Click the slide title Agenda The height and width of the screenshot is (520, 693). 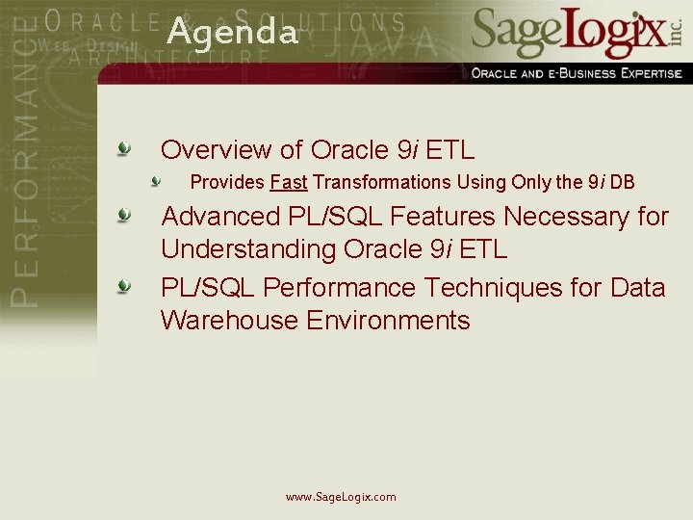point(232,33)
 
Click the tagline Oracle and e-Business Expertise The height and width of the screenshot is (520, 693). point(576,73)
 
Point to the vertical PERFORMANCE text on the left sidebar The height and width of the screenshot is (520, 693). point(28,164)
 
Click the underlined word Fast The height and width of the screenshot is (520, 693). point(289,182)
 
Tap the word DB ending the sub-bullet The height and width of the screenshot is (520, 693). point(622,182)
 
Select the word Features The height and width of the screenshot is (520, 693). point(436,217)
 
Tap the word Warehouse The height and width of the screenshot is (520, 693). point(229,321)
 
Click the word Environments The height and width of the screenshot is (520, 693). point(388,321)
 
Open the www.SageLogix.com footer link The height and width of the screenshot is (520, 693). point(341,497)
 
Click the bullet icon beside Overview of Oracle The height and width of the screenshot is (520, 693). point(124,149)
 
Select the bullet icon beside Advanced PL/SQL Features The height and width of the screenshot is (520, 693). point(124,216)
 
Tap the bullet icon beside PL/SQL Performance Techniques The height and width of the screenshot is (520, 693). point(124,287)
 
